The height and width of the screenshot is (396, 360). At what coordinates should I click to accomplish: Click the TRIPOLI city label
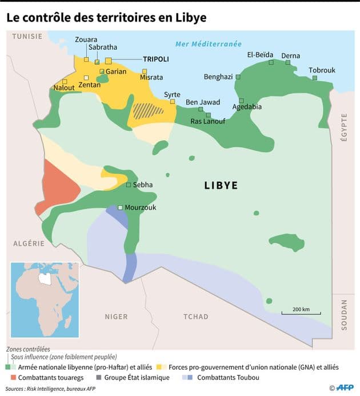[156, 59]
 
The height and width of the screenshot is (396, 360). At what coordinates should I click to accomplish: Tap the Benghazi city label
[218, 77]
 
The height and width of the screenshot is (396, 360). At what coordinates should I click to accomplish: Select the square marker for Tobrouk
[315, 78]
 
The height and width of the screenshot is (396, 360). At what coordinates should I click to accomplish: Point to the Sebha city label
[143, 185]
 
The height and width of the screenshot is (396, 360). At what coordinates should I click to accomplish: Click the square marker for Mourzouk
[120, 208]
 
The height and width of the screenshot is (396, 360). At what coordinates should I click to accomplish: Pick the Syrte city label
[172, 94]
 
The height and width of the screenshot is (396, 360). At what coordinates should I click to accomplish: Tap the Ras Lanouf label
[207, 121]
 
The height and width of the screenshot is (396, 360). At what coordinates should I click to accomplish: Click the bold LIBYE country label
[221, 186]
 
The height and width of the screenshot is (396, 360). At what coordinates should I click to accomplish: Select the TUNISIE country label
[27, 37]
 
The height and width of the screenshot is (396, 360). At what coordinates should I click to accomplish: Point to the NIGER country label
[117, 316]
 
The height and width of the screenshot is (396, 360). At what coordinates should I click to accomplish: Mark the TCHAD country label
[196, 316]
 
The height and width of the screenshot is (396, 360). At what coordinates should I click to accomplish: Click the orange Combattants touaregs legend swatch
[11, 378]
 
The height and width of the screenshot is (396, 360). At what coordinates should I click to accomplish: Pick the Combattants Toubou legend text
[228, 378]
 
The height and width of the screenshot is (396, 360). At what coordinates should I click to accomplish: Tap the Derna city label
[290, 55]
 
